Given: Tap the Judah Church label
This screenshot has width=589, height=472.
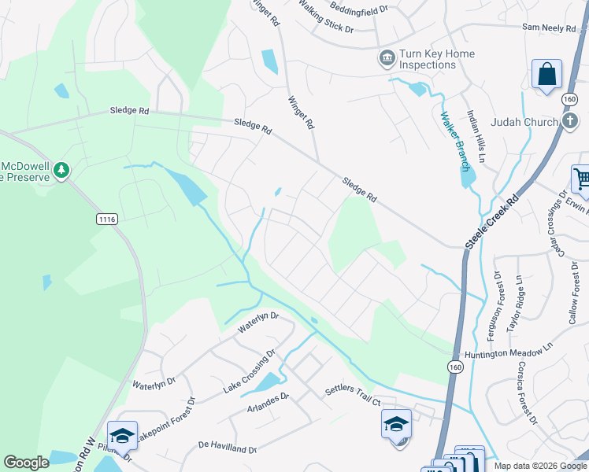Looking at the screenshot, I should click(524, 122).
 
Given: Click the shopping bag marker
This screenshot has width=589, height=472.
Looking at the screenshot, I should click(546, 76).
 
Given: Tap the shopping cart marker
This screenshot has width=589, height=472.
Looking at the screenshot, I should click(581, 179).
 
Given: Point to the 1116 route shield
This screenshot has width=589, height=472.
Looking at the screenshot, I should click(107, 218).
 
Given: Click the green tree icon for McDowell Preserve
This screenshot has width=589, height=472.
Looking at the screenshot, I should click(61, 170).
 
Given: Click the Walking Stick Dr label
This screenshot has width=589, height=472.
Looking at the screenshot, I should click(325, 20).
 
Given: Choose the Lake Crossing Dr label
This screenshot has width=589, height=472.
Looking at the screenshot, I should click(248, 372).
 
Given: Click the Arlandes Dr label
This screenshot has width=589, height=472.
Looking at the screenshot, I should click(269, 409).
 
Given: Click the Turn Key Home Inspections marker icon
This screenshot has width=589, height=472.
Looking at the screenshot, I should click(387, 57).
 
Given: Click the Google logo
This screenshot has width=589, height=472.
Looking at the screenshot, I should click(27, 463).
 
